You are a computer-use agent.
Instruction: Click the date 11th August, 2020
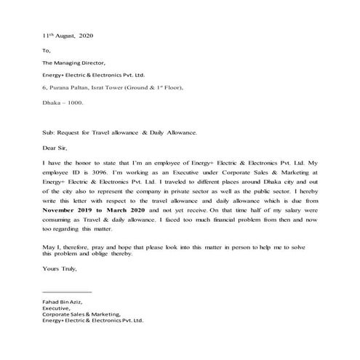[x=68, y=35]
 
